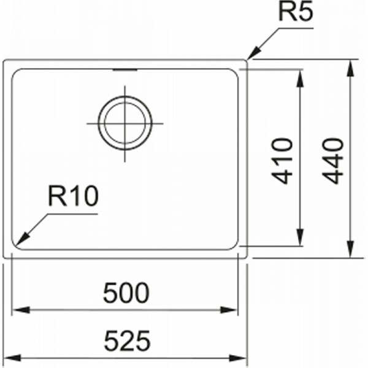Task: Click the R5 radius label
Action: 296,12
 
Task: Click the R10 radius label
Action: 73,196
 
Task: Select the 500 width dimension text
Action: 126,293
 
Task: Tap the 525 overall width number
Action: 127,341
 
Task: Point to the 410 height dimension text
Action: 282,161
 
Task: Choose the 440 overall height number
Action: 333,161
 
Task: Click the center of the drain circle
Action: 125,123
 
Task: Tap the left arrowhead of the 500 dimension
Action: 21,310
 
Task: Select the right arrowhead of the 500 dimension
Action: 229,310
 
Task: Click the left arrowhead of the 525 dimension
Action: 12,358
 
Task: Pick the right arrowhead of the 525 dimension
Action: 238,358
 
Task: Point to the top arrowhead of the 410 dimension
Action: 300,79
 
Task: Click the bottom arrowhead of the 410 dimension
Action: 300,237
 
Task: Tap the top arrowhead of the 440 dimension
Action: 350,69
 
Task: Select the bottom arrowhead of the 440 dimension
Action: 350,249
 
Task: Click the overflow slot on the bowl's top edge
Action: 125,70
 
